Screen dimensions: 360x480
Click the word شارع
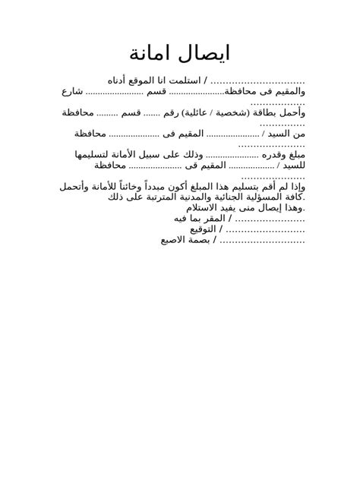(72, 92)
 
